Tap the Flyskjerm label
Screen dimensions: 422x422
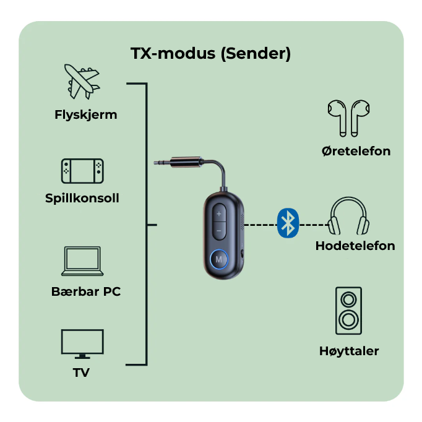(x=86, y=114)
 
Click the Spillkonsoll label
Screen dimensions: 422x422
(x=82, y=199)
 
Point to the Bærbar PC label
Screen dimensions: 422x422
(x=86, y=291)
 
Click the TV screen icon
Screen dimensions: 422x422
(x=82, y=343)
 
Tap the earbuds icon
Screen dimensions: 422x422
(x=348, y=117)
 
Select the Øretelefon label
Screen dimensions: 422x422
(x=356, y=151)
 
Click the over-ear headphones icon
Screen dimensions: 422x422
(x=349, y=217)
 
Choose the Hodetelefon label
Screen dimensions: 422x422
(x=355, y=246)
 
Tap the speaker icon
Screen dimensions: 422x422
(x=348, y=311)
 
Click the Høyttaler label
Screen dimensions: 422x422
(x=349, y=351)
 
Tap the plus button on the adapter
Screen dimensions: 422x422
(x=219, y=214)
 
